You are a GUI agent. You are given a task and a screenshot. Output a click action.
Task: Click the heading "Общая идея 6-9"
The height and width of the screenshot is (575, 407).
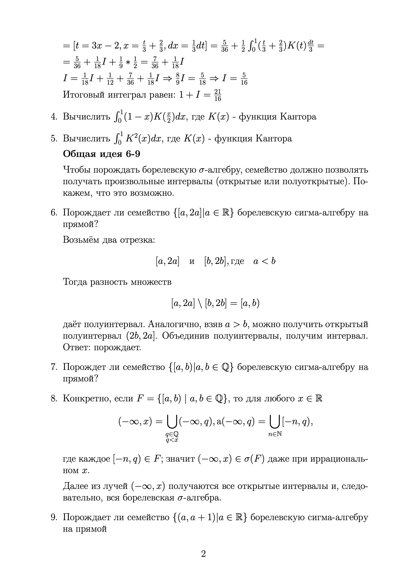[x=101, y=154]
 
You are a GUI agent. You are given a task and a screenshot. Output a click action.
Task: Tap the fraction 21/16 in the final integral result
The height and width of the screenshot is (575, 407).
[x=218, y=95]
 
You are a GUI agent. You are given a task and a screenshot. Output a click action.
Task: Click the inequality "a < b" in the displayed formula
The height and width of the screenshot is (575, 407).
[x=264, y=261]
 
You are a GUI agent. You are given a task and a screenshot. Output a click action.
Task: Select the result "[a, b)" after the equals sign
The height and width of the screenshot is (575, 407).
[x=250, y=303]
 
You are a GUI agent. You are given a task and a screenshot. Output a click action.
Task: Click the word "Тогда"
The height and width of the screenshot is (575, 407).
[x=75, y=282]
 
